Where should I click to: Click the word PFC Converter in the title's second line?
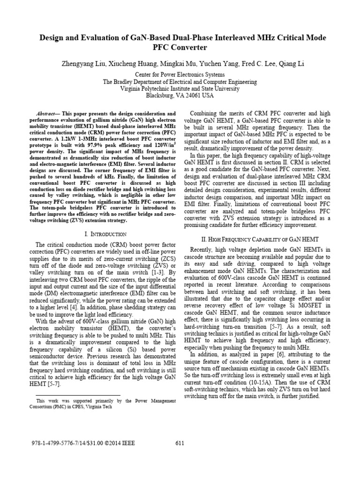pyautogui.click(x=180, y=47)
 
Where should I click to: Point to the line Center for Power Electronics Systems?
pyautogui.click(x=180, y=75)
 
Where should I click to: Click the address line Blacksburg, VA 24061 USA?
pyautogui.click(x=180, y=95)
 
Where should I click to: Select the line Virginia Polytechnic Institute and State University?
pyautogui.click(x=180, y=88)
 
